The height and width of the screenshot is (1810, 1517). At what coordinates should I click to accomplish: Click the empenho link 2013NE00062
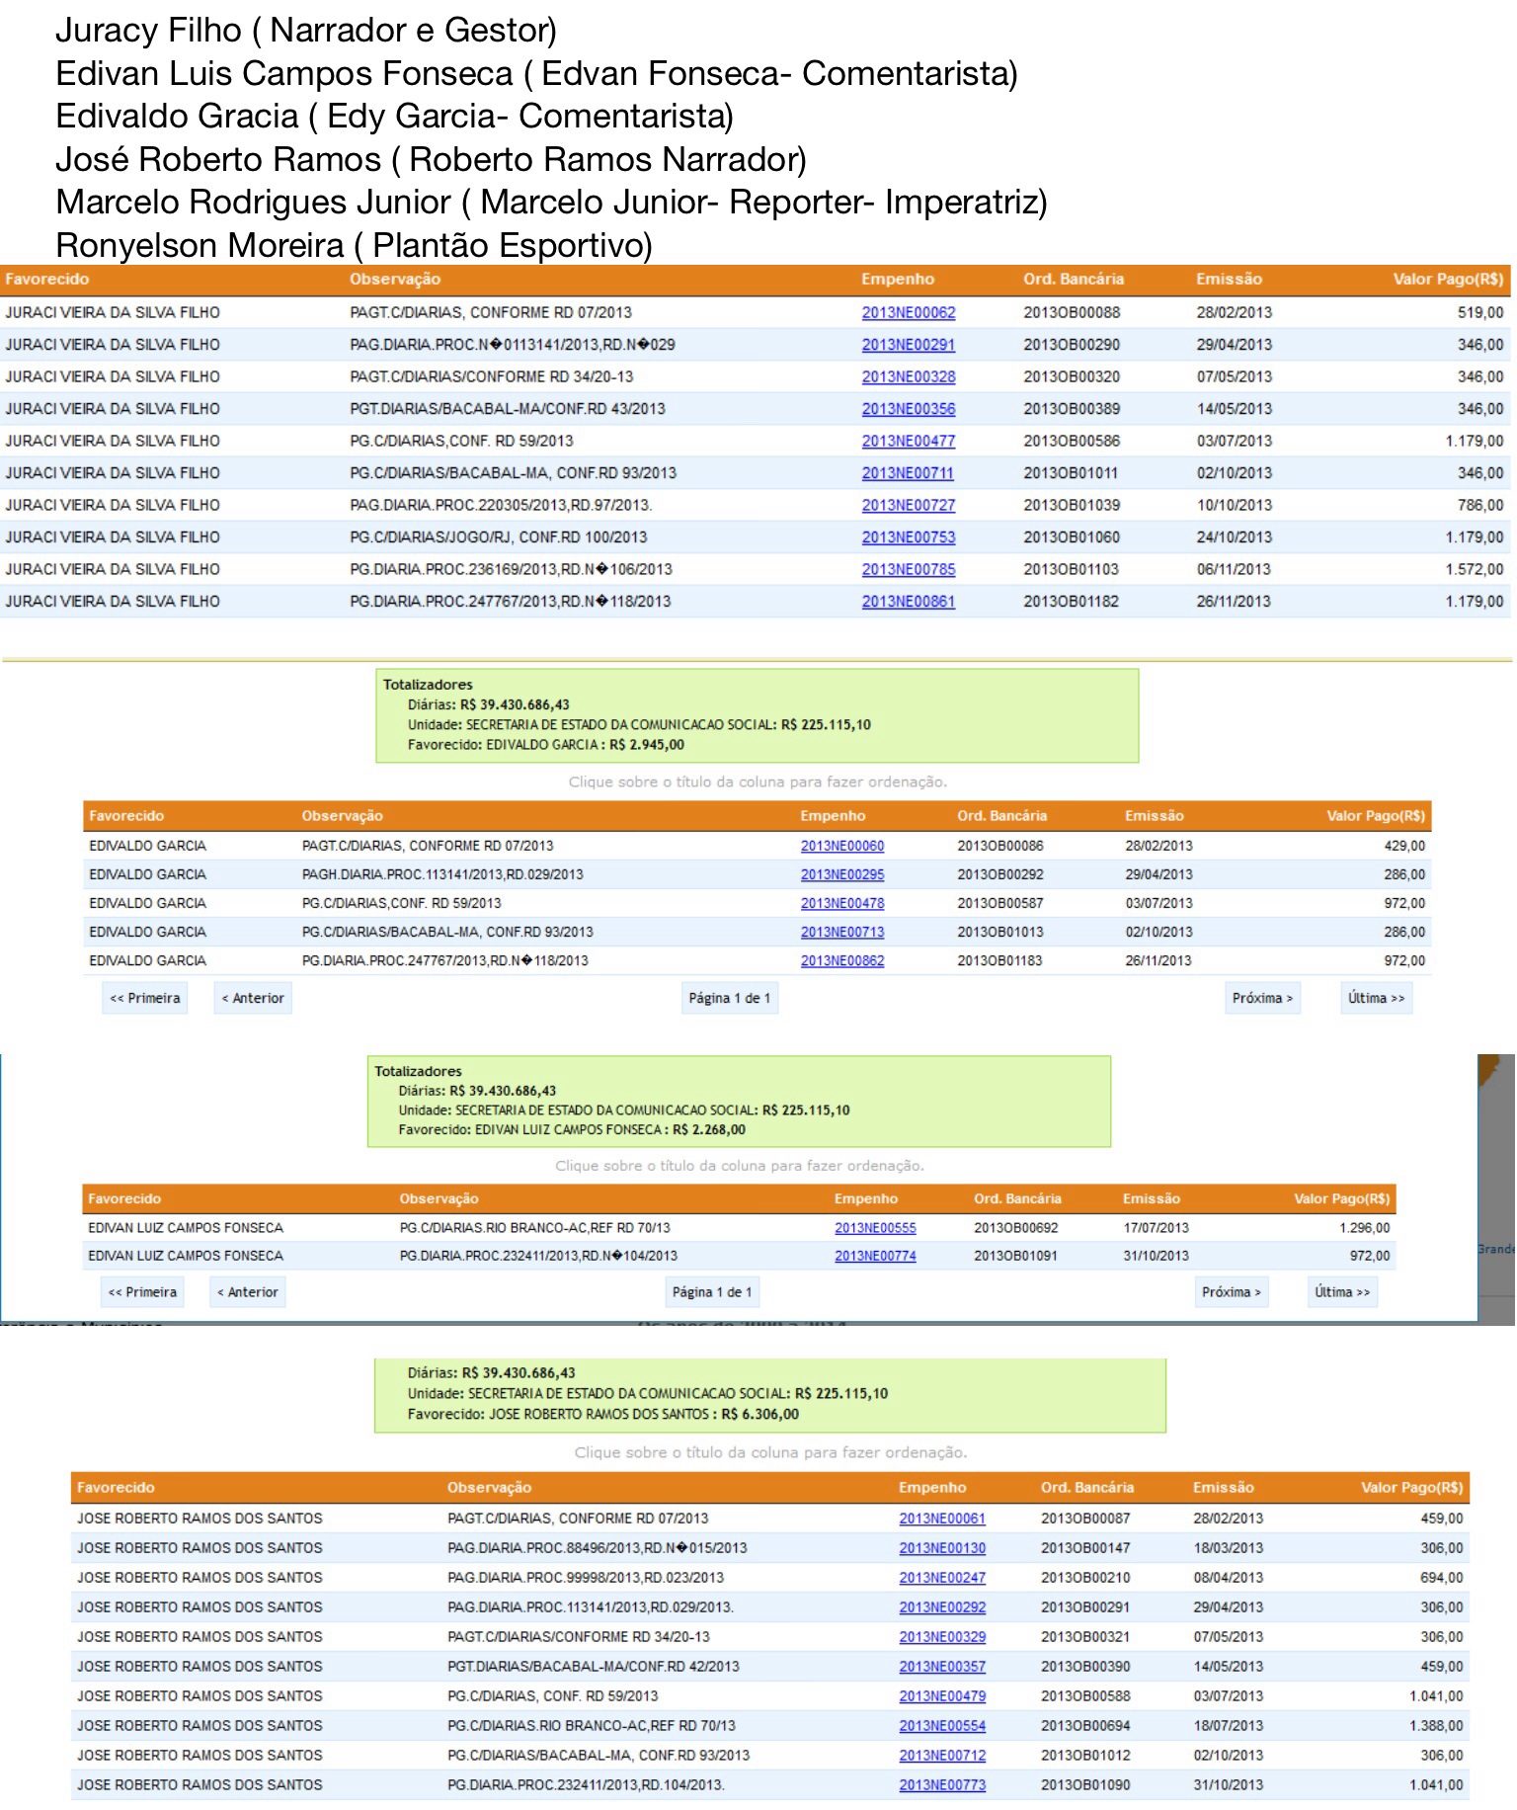[908, 312]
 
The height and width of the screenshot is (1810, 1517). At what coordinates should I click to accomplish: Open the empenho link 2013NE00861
[908, 601]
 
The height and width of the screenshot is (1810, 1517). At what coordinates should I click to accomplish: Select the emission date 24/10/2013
[1234, 536]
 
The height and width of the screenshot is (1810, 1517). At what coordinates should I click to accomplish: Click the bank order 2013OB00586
[1072, 441]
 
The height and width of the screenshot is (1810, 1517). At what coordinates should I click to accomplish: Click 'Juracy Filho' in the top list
[148, 31]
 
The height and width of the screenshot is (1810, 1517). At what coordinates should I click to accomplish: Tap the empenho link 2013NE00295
[841, 874]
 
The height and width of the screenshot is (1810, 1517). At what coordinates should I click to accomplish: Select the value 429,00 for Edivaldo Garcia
[1403, 846]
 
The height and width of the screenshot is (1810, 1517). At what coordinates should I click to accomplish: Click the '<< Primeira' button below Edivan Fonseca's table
[142, 1291]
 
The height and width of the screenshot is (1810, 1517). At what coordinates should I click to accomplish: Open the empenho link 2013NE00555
[875, 1227]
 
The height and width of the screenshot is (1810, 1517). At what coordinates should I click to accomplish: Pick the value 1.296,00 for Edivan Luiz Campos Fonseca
[1364, 1227]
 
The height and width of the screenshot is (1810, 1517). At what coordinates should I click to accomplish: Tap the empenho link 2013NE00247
[941, 1578]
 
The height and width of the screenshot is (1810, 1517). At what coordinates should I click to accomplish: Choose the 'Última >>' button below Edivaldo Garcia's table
[1376, 998]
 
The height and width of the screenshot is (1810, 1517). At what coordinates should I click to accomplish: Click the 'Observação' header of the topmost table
[394, 280]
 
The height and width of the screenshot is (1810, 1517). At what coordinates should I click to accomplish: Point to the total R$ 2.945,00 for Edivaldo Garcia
[646, 744]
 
